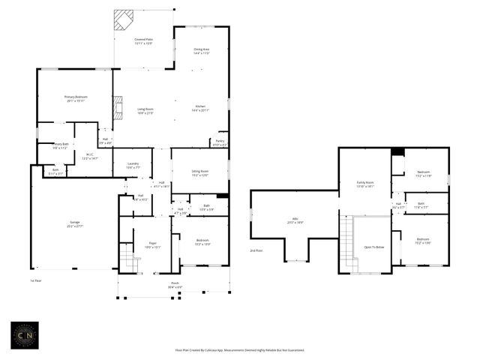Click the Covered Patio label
[143, 41]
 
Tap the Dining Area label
[201, 51]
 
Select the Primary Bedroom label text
[75, 98]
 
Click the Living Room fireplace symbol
[116, 109]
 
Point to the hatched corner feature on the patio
[123, 19]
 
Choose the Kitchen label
[201, 108]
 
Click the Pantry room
[220, 142]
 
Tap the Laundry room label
[132, 166]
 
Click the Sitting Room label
[199, 173]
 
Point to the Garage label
[75, 223]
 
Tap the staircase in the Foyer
[129, 263]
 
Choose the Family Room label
[364, 184]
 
